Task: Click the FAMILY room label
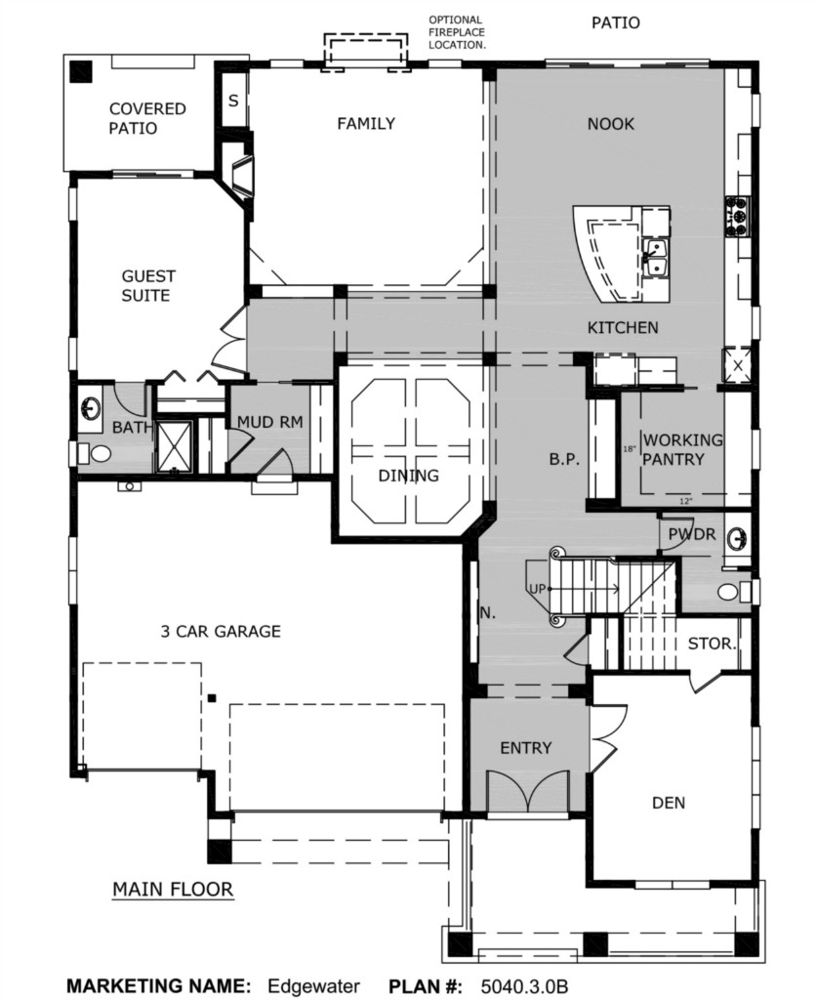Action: click(366, 123)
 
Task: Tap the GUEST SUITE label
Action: click(147, 286)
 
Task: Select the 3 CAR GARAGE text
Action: click(221, 632)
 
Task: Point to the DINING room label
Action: click(408, 476)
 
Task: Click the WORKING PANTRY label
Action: click(682, 449)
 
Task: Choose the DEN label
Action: click(669, 803)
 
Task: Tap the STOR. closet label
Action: click(712, 644)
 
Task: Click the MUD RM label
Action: click(269, 422)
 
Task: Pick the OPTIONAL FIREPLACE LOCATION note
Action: click(456, 32)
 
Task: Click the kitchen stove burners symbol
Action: click(737, 217)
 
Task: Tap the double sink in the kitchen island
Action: click(655, 258)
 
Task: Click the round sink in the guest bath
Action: click(91, 407)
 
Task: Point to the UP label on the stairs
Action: click(537, 589)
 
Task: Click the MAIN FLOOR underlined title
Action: click(173, 890)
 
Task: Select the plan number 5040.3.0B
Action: click(524, 986)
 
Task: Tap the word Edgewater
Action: click(313, 986)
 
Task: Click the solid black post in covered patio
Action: click(81, 70)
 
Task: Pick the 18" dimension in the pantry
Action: click(629, 449)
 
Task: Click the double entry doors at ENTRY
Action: click(526, 792)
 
